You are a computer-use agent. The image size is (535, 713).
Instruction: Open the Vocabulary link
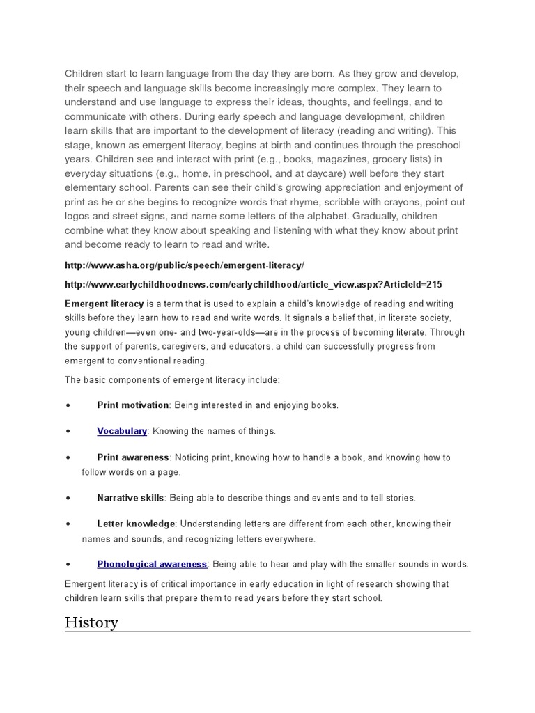click(x=122, y=431)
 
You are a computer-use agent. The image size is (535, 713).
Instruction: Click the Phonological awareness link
click(x=152, y=564)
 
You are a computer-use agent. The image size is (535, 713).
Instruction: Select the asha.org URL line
click(x=185, y=266)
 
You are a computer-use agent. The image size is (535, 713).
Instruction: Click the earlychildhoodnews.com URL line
click(x=253, y=285)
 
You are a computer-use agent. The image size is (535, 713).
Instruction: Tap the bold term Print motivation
click(x=133, y=405)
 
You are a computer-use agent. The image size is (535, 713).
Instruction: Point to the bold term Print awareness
click(x=133, y=457)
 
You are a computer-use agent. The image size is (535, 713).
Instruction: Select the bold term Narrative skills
click(x=131, y=498)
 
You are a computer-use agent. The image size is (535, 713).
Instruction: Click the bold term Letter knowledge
click(x=136, y=524)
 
